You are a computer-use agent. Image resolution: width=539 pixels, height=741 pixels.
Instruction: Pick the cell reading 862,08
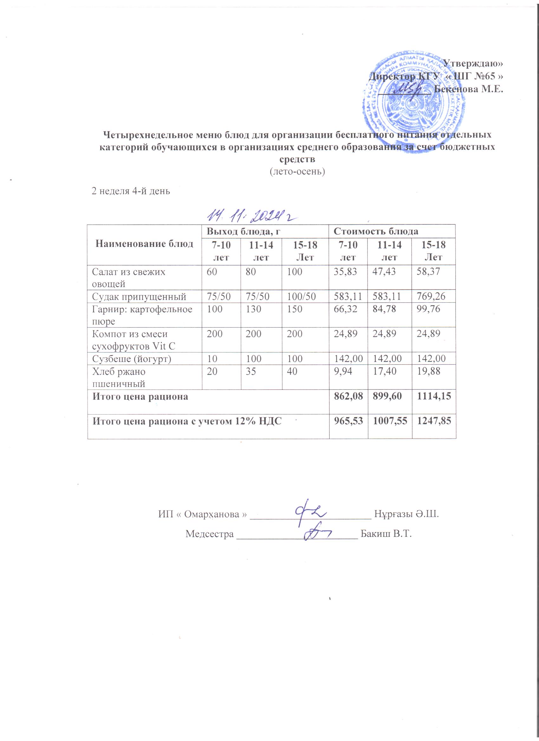[x=348, y=396]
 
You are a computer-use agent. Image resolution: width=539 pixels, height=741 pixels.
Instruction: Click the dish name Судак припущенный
[x=139, y=297]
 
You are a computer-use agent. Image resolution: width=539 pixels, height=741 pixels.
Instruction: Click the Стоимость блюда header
[x=376, y=231]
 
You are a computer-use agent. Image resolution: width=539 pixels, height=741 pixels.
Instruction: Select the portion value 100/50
[x=302, y=297]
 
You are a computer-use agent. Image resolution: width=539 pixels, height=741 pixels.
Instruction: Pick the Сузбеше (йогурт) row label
[x=132, y=359]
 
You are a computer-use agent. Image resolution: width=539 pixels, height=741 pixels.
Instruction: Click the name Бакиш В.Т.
[x=385, y=534]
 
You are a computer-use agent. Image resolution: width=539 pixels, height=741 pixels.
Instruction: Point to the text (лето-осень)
[x=297, y=171]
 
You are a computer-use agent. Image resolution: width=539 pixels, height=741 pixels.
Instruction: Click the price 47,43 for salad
[x=388, y=272]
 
